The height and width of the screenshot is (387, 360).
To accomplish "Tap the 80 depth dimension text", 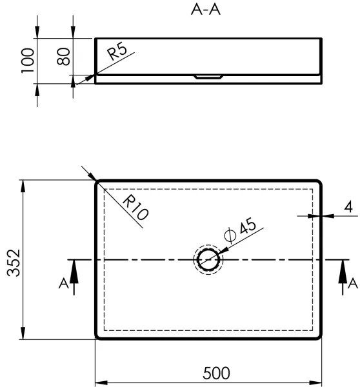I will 63,55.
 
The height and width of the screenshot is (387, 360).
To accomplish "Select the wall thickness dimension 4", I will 348,207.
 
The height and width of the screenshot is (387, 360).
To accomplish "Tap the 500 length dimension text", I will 216,373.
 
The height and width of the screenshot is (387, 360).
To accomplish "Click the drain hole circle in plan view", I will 208,260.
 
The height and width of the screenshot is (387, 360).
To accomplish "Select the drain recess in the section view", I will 208,76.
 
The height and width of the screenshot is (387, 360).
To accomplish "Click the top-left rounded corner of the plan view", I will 99,183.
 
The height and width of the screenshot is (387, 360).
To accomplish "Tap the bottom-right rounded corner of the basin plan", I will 319,336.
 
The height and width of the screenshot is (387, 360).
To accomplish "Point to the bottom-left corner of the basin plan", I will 99,336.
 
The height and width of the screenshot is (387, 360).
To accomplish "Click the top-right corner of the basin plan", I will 319,183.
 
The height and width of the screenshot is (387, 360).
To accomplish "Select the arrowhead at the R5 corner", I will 88,78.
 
